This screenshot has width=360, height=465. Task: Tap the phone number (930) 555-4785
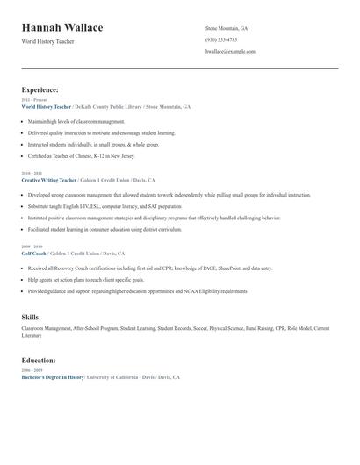click(x=220, y=39)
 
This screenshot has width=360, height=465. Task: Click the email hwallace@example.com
click(x=230, y=51)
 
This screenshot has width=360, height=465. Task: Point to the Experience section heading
click(x=40, y=89)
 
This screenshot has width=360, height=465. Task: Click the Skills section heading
click(x=30, y=317)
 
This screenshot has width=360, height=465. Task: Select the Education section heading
click(x=39, y=360)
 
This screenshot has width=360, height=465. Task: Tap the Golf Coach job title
click(x=35, y=253)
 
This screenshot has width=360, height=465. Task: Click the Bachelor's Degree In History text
click(x=53, y=376)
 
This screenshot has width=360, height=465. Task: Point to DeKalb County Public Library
click(x=104, y=106)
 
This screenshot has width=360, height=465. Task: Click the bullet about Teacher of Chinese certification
click(x=82, y=154)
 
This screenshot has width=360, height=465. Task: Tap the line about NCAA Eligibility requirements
click(x=137, y=290)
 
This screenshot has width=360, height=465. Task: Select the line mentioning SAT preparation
click(x=104, y=205)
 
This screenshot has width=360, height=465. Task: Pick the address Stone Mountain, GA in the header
click(x=226, y=28)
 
